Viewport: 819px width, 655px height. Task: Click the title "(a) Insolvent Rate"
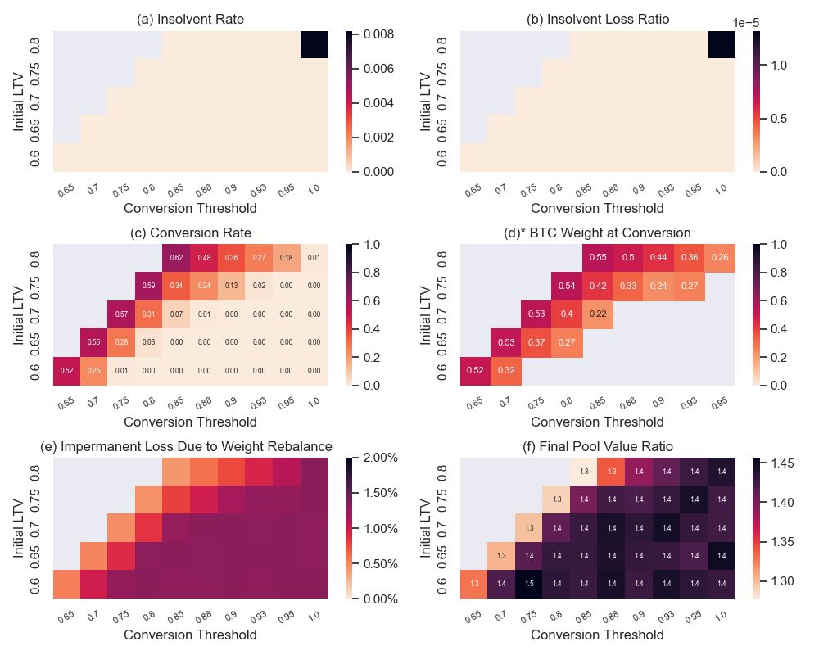pyautogui.click(x=190, y=20)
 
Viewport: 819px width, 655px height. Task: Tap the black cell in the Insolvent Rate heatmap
pyautogui.click(x=314, y=45)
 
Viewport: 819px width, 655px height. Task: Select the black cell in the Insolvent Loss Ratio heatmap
pyautogui.click(x=721, y=45)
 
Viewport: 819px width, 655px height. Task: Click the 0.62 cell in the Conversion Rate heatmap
pyautogui.click(x=177, y=258)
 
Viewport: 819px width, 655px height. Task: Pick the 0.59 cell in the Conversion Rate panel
pyautogui.click(x=149, y=286)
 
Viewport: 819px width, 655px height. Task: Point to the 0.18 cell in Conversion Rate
pyautogui.click(x=287, y=258)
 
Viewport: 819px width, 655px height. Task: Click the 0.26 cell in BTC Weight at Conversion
pyautogui.click(x=721, y=258)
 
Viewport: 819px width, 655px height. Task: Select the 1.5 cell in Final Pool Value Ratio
pyautogui.click(x=528, y=584)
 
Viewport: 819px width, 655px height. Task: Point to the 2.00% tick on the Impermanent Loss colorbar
pyautogui.click(x=379, y=458)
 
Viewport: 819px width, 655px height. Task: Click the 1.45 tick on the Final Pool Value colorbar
pyautogui.click(x=782, y=463)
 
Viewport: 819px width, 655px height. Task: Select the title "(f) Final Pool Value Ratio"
pyautogui.click(x=597, y=446)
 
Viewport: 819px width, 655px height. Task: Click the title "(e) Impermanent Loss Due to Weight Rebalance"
pyautogui.click(x=186, y=446)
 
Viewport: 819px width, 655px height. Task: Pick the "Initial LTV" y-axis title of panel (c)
pyautogui.click(x=20, y=315)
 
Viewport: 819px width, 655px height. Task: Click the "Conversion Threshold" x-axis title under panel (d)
pyautogui.click(x=597, y=422)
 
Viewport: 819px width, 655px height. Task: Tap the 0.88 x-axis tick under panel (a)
pyautogui.click(x=204, y=190)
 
